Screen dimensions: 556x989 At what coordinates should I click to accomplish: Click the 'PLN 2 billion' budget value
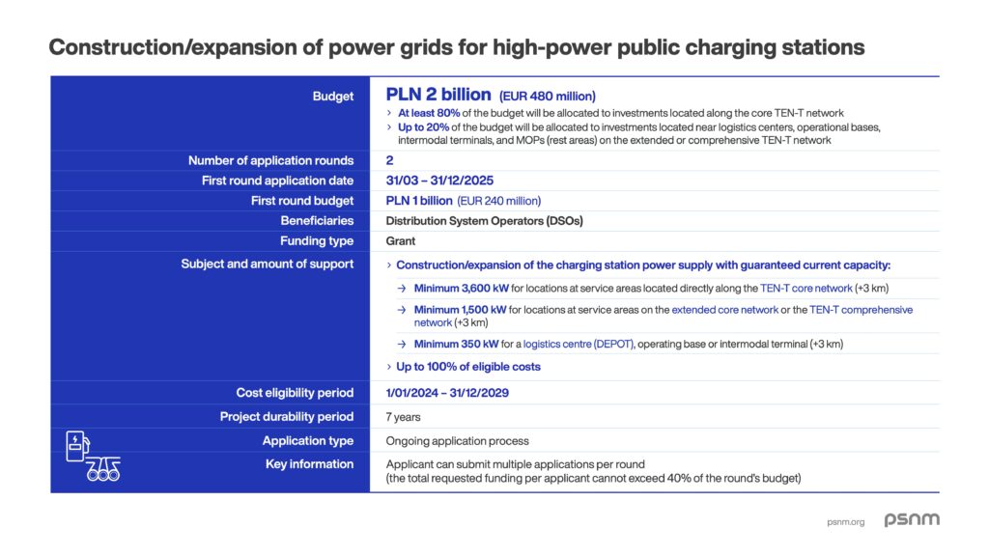click(x=438, y=95)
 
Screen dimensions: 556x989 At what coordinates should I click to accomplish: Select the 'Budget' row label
click(x=333, y=97)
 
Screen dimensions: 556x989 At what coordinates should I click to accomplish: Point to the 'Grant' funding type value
click(x=402, y=241)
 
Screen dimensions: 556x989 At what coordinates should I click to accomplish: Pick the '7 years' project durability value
click(x=403, y=417)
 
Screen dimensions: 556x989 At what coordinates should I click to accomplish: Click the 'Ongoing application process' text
click(x=457, y=441)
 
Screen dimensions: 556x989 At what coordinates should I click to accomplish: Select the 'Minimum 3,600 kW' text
click(x=460, y=289)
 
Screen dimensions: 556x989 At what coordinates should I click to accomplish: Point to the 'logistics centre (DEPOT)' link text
click(x=579, y=345)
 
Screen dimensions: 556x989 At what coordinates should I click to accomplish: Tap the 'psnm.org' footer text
click(x=846, y=522)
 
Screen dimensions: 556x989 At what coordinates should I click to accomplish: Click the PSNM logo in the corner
click(x=912, y=520)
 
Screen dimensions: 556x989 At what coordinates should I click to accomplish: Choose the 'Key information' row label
click(x=309, y=464)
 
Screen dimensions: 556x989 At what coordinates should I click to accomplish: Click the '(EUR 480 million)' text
click(x=547, y=96)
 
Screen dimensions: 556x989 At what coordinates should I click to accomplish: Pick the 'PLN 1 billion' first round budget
click(x=418, y=201)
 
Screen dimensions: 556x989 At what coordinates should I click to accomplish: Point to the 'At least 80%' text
click(x=427, y=114)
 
